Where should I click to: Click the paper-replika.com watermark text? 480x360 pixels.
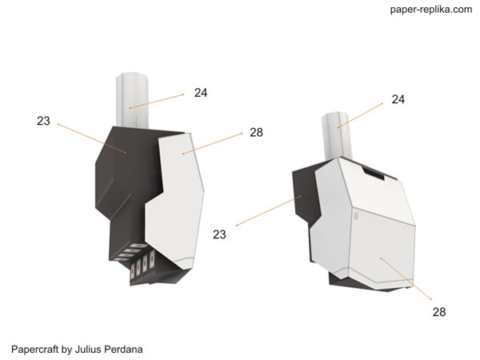[431, 10]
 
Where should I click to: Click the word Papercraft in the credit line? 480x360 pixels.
[34, 350]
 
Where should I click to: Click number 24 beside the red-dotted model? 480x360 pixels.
[201, 93]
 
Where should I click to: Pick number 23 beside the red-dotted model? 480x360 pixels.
[43, 121]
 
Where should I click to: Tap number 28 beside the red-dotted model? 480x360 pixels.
[256, 133]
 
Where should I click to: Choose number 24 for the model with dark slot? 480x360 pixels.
[398, 99]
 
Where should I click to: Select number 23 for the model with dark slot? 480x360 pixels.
[219, 234]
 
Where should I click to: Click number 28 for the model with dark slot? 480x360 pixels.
[439, 312]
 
